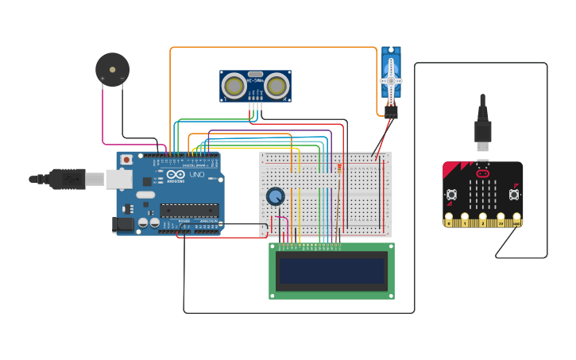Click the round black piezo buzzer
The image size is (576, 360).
[112, 69]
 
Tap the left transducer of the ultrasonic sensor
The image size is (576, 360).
[234, 84]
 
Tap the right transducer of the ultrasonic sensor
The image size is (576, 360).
[276, 84]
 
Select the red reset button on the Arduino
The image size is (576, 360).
[126, 160]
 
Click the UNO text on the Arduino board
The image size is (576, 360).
[195, 175]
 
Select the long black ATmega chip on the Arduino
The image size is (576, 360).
[189, 211]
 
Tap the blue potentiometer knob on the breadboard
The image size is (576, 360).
[275, 196]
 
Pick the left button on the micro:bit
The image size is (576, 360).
[452, 194]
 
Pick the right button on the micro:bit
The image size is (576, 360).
[514, 194]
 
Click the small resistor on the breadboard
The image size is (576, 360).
[340, 168]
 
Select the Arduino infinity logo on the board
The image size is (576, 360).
[176, 175]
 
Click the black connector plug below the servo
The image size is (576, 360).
[391, 112]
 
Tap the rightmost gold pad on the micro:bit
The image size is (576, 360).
[517, 220]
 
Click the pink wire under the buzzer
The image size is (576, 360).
[103, 119]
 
